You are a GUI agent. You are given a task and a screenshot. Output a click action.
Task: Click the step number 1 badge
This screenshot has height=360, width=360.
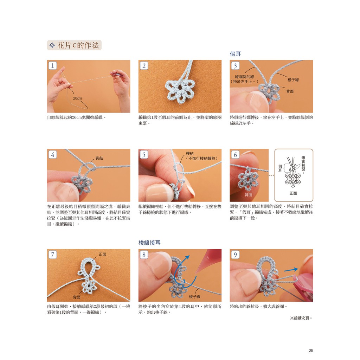[53, 66]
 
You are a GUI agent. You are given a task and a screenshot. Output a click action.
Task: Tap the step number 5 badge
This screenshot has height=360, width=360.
[144, 155]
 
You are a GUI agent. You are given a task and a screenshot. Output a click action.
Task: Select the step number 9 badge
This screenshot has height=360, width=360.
[235, 255]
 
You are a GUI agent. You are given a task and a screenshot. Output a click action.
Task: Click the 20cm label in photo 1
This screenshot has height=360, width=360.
[77, 98]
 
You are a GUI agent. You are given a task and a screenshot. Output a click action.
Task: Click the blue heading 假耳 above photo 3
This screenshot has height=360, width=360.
[235, 54]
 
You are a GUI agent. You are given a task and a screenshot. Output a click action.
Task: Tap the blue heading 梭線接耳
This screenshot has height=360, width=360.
[149, 243]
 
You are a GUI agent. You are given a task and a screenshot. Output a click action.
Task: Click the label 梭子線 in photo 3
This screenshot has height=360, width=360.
[293, 80]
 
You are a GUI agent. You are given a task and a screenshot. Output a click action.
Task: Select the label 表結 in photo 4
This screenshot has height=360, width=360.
[99, 158]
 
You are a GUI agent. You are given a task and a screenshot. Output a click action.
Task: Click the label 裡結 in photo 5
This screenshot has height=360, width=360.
[189, 153]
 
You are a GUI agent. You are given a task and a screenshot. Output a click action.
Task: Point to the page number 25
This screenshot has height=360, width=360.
[311, 351]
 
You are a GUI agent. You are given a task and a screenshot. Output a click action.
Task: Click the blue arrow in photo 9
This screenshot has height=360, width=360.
[291, 270]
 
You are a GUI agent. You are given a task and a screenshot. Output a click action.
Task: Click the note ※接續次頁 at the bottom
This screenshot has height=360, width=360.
[301, 318]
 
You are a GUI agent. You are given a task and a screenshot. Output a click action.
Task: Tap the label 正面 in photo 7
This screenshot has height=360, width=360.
[102, 254]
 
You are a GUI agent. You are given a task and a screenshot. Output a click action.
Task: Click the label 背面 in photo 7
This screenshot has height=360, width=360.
[77, 297]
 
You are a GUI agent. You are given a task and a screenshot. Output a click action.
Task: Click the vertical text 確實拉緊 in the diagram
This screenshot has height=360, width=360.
[303, 165]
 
